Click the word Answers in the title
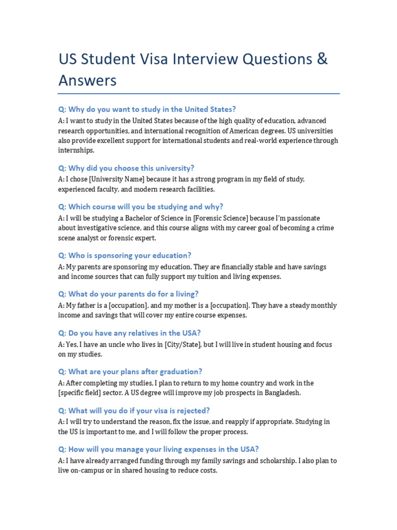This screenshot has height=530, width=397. coord(87,80)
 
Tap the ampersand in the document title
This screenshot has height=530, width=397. coord(322,59)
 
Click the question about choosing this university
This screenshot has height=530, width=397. coord(126,168)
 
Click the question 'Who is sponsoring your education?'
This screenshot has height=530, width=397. coord(125,255)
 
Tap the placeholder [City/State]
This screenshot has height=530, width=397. coord(182,345)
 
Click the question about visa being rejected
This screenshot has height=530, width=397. coord(134,410)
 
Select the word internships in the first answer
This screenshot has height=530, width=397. coord(76,150)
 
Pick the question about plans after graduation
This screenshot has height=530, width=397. coord(130,372)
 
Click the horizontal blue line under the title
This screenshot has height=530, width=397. coord(198,94)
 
